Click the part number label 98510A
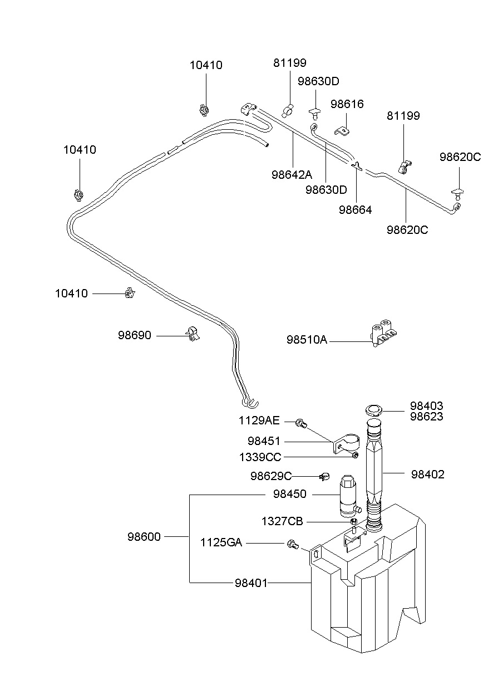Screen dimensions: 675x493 (307, 340)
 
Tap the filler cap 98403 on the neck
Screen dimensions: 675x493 (373, 411)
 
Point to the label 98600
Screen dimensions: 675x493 (144, 537)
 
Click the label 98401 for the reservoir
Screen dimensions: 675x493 (251, 583)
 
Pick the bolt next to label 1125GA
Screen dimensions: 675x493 (291, 544)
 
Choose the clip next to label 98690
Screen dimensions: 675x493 (193, 334)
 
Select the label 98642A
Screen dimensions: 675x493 (292, 174)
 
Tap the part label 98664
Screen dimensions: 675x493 (356, 210)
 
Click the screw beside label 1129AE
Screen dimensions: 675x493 (302, 423)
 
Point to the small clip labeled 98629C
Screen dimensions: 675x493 (325, 476)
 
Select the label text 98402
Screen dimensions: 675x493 (428, 475)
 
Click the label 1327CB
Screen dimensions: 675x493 (282, 521)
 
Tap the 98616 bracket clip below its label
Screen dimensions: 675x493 (342, 131)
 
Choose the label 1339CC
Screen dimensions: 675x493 (260, 457)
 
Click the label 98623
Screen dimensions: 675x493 (427, 417)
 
